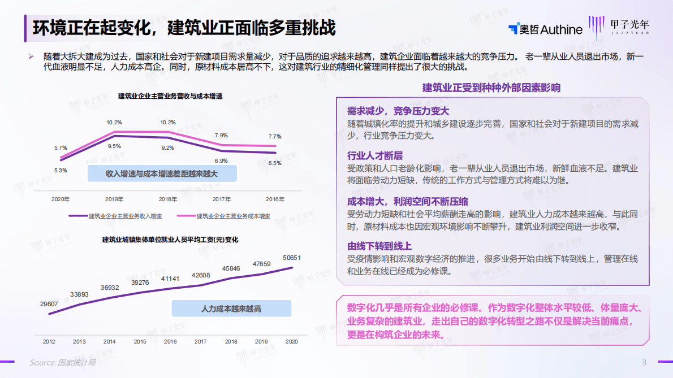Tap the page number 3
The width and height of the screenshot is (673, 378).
644,362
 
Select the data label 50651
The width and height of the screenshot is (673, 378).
292,258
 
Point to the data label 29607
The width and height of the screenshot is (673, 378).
49,304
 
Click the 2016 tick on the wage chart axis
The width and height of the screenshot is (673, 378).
170,342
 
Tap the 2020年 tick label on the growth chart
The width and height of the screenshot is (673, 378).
61,199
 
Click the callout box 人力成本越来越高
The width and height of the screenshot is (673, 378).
231,309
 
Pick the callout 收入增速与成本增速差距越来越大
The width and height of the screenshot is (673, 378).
162,173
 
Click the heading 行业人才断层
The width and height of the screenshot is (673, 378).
375,155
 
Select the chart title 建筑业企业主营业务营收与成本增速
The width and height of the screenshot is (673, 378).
170,96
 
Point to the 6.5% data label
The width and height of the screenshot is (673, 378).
275,163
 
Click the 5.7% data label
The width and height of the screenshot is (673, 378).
61,148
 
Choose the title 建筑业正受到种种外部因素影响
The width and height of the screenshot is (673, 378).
491,88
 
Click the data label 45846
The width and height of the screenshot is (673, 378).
231,268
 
